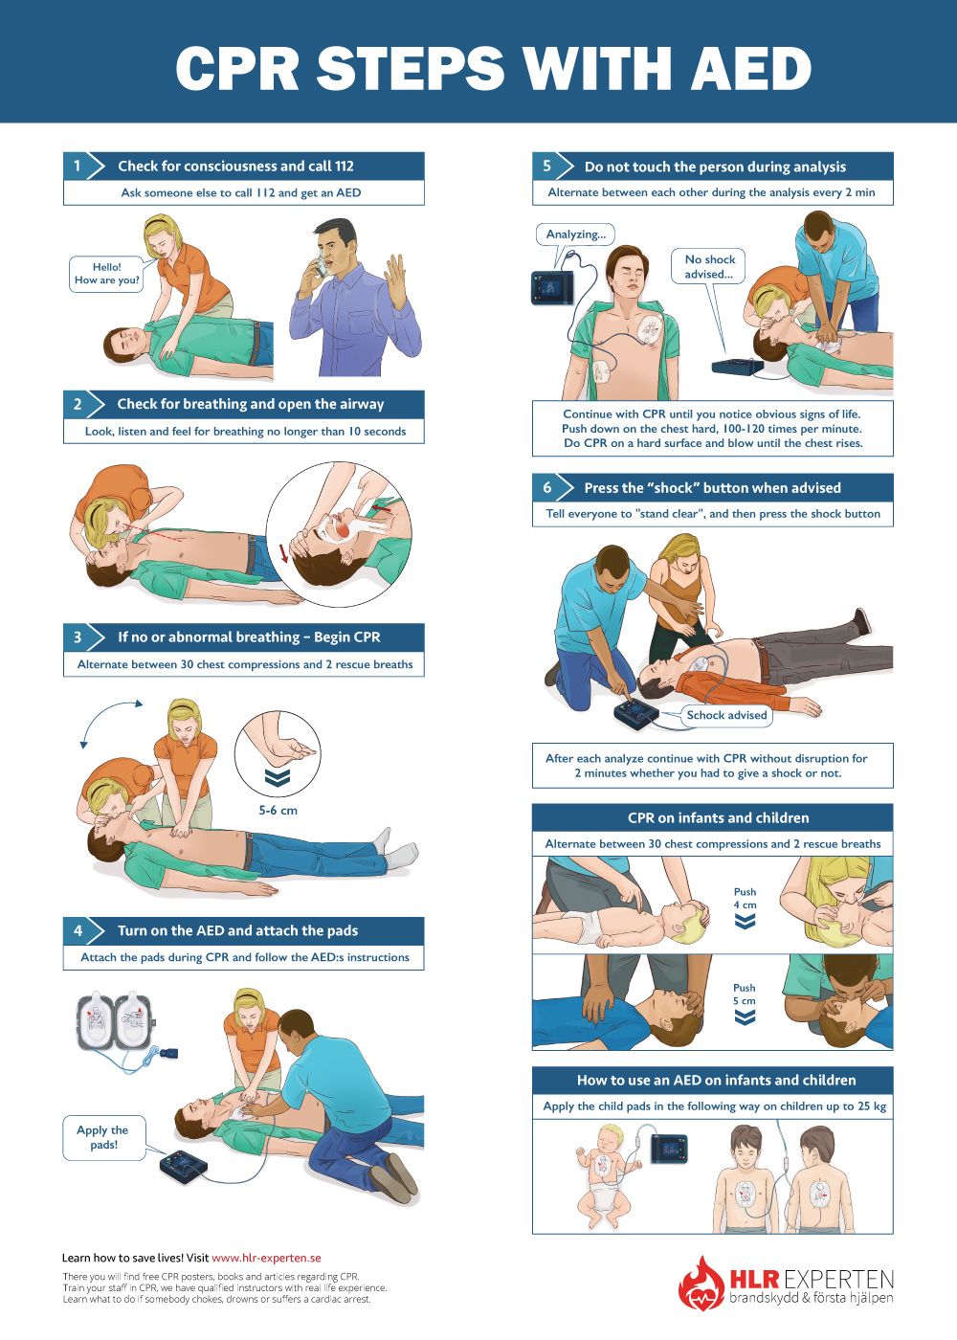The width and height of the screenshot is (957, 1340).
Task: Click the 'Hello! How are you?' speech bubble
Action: point(106,274)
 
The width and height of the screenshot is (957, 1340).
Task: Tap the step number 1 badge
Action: point(78,166)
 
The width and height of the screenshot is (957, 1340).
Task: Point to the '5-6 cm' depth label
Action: point(278,810)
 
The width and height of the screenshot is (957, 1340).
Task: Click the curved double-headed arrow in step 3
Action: point(101,712)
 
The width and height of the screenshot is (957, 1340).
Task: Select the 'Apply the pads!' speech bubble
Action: point(104,1137)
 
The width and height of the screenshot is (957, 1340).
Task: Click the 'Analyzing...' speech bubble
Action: point(575,234)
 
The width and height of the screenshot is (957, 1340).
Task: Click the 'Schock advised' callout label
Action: point(726,715)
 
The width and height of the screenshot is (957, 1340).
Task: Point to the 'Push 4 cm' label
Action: point(745,898)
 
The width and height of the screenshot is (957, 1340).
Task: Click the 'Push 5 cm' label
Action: point(745,994)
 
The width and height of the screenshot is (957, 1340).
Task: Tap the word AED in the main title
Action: point(751,68)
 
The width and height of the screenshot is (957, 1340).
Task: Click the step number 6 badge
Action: point(546,487)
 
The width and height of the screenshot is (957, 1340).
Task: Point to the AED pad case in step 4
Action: point(116,1020)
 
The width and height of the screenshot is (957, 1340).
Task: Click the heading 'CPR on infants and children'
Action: point(718,817)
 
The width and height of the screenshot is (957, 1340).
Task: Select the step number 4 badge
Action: point(78,930)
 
